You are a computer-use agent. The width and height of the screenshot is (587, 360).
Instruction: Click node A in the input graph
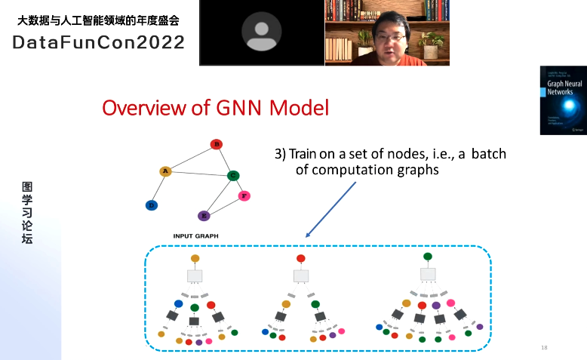(164, 171)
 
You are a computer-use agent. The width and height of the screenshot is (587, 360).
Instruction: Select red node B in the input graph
(216, 144)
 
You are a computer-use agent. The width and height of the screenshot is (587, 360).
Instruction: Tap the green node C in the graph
(233, 176)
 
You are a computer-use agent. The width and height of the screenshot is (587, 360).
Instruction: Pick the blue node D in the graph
(152, 205)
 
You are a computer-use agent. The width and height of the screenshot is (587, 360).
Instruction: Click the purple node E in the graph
(203, 216)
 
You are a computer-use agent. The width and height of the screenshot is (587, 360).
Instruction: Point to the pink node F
(244, 196)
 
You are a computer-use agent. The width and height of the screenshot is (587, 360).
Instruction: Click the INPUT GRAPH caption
(195, 236)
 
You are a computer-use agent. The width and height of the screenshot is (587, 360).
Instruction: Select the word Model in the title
(295, 108)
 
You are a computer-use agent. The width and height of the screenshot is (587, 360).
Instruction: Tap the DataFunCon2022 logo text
(99, 42)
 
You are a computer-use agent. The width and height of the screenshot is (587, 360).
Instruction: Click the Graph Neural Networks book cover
(563, 100)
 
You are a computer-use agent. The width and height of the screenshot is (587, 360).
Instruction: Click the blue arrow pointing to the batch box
(330, 208)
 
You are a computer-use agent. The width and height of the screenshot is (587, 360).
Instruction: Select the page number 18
(544, 347)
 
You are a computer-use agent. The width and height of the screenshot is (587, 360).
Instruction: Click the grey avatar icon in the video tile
(261, 32)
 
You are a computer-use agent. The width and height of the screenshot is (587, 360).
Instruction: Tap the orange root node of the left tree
(195, 258)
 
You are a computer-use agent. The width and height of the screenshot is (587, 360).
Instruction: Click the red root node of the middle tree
(301, 258)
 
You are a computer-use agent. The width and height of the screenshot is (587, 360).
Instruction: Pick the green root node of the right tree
(428, 257)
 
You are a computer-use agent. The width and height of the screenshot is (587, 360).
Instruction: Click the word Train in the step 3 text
(303, 155)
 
